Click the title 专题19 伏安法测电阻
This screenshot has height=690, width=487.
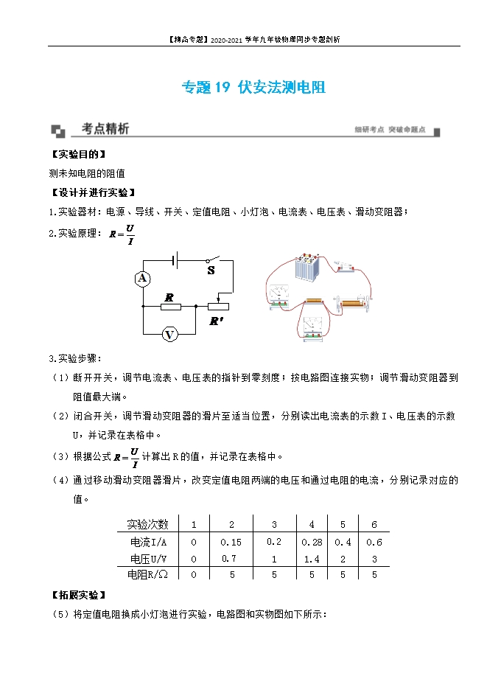(253, 88)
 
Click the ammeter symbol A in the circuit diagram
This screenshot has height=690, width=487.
(143, 279)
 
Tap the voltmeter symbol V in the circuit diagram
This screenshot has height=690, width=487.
(169, 335)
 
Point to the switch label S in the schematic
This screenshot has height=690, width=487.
(211, 271)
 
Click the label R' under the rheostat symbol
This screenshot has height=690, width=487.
(217, 321)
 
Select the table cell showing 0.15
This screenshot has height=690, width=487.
(231, 542)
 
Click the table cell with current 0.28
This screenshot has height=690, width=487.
(312, 542)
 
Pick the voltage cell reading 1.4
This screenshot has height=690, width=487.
(312, 559)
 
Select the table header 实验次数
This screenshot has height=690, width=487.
(148, 524)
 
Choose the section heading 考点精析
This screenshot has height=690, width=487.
(105, 129)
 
